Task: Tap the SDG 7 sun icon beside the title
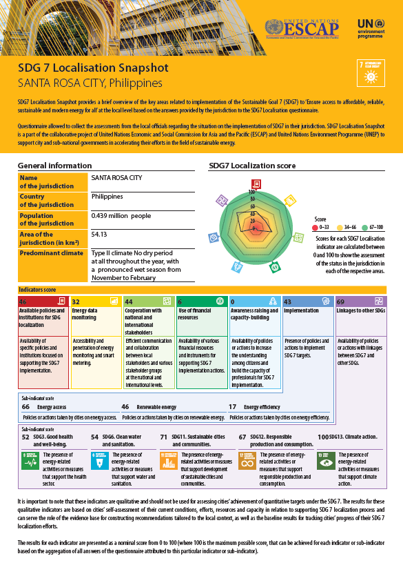pos(371,73)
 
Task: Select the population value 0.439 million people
pos(121,216)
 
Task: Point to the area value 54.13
pos(101,234)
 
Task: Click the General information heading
pos(52,166)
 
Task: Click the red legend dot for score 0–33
pos(315,226)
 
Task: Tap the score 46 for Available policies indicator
pos(23,301)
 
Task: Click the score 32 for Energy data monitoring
pos(76,301)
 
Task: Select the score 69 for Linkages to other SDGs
pos(340,301)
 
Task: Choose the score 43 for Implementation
pos(288,301)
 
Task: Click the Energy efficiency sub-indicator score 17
pos(234,407)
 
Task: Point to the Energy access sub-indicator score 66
pos(25,407)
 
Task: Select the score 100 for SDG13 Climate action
pos(323,437)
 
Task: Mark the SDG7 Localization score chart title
pos(252,166)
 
